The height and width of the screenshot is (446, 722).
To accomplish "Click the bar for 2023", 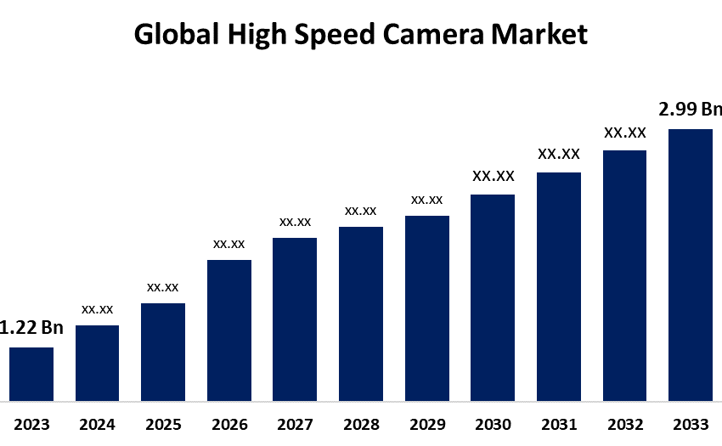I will pyautogui.click(x=31, y=373).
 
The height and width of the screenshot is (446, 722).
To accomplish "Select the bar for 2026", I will pyautogui.click(x=229, y=330).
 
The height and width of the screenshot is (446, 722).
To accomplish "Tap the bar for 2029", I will pyautogui.click(x=427, y=308).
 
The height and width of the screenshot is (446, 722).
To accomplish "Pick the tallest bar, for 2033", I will pyautogui.click(x=691, y=264).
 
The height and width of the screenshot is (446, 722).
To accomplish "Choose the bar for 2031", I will pyautogui.click(x=559, y=286).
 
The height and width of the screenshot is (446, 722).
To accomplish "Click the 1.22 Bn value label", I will pyautogui.click(x=31, y=328).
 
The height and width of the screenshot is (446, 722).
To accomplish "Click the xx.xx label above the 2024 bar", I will pyautogui.click(x=98, y=309).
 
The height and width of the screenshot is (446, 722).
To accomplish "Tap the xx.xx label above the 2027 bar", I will pyautogui.click(x=296, y=222).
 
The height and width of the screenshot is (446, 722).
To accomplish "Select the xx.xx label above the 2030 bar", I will pyautogui.click(x=494, y=177).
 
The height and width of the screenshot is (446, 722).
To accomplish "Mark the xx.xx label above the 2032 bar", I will pyautogui.click(x=625, y=133).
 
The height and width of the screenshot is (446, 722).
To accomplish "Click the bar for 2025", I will pyautogui.click(x=163, y=352).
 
